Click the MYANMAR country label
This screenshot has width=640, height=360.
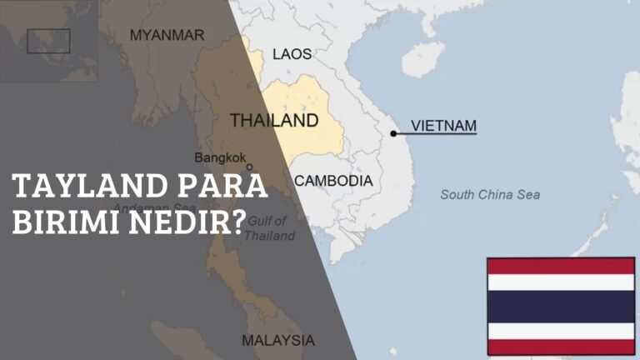point(167,35)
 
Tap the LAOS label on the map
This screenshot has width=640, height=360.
point(292,54)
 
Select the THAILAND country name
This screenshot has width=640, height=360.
point(273,121)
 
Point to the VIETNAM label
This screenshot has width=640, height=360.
point(445,126)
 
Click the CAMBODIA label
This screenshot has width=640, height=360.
point(333,180)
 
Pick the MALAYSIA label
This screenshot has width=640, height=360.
point(278,340)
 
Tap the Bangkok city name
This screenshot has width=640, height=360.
point(220,157)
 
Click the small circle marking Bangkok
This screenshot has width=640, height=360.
point(248,167)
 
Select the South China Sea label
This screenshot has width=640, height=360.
point(490,195)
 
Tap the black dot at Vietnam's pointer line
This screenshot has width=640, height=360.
point(393,132)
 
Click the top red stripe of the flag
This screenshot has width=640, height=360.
point(561,266)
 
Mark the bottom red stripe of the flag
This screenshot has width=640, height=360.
point(561,347)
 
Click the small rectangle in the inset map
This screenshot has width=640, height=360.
point(48,41)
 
